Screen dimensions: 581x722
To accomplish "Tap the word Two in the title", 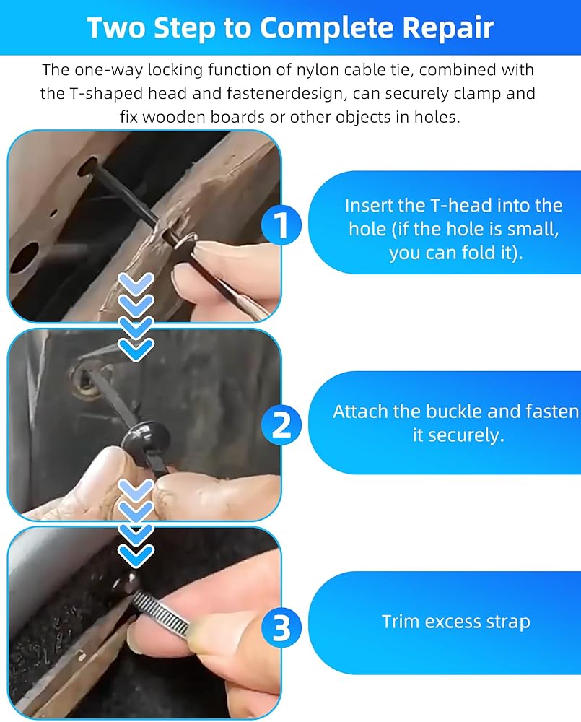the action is coord(115,27).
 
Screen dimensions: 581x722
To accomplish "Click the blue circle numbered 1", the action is coord(281,225).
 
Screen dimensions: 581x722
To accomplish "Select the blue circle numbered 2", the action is coord(281,425).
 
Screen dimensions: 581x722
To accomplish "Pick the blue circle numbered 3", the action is coord(281,627).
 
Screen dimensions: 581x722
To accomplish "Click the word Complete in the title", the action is coord(326,29).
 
